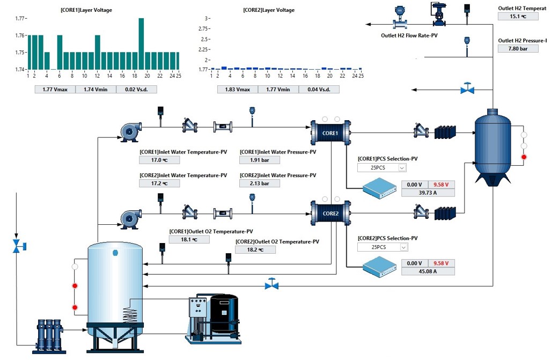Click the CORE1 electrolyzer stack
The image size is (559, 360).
coord(330,133)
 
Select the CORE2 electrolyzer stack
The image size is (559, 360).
coord(330,213)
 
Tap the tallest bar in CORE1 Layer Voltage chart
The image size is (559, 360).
coord(141,43)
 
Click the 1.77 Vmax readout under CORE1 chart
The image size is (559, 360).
coord(55,89)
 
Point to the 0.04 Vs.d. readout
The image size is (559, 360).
coord(319,89)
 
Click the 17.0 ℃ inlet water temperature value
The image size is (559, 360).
coord(157,160)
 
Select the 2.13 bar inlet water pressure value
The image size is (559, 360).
coord(260,183)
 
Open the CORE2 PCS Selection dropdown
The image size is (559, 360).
coord(383,247)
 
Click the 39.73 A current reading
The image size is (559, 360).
coord(428,193)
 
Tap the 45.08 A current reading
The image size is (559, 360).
coord(428,271)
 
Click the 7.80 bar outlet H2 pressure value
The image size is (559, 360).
coord(518,49)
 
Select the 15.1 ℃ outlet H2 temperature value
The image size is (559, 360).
coord(518,16)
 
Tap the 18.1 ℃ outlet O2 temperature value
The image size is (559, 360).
coord(189,239)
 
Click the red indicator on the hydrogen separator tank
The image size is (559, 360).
coord(524,157)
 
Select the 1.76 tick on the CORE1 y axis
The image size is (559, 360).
coord(20,35)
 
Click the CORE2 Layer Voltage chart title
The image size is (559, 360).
coord(268,10)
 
